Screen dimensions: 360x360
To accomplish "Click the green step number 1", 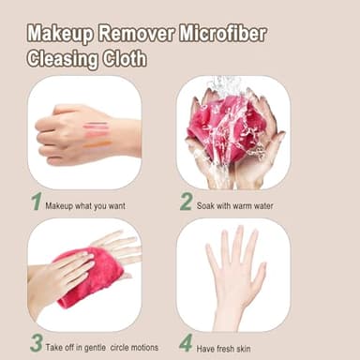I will click(36, 201).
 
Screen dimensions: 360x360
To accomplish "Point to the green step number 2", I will click(186, 201).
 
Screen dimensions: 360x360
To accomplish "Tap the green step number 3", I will click(36, 342).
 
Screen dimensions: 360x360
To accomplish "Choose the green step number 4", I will click(186, 342).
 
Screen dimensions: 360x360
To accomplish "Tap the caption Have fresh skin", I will click(231, 345).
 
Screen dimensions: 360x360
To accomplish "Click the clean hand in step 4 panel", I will click(233, 272).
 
